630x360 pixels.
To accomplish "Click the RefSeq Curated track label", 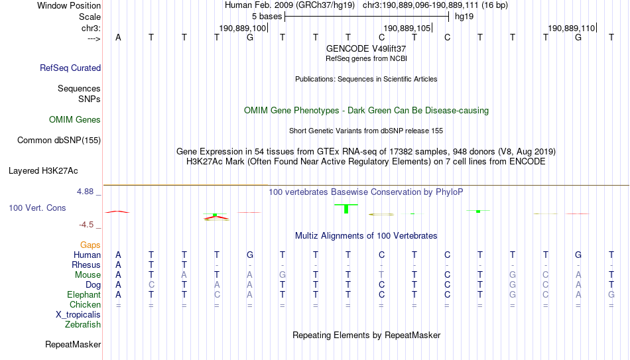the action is [x=70, y=68].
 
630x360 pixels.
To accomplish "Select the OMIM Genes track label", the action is [x=75, y=120].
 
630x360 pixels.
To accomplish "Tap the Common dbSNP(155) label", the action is [x=59, y=141].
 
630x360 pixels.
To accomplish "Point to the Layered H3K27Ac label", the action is [x=43, y=171].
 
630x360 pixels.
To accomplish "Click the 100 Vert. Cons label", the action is [x=37, y=208].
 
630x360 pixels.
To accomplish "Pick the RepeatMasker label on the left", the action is [x=73, y=344].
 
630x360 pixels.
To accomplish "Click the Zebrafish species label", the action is [x=83, y=324].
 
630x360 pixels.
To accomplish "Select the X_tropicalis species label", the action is [x=78, y=315].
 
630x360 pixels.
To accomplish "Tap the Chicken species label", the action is [x=85, y=304].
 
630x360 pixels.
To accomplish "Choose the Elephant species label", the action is [x=84, y=294].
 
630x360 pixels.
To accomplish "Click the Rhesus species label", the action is [x=86, y=265].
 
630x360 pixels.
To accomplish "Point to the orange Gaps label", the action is [x=90, y=245].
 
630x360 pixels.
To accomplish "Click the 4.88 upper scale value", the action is [x=86, y=192].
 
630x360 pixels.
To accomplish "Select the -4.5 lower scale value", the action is [x=86, y=225].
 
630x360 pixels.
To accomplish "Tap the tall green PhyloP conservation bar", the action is [x=346, y=209].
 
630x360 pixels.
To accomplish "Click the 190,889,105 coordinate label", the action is [x=407, y=28].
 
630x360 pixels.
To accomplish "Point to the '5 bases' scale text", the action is [x=267, y=17].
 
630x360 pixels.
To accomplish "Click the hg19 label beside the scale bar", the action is [x=464, y=17].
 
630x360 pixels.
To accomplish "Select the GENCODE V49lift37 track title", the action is [x=366, y=48].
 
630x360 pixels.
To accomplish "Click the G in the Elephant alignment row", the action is [x=611, y=294].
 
